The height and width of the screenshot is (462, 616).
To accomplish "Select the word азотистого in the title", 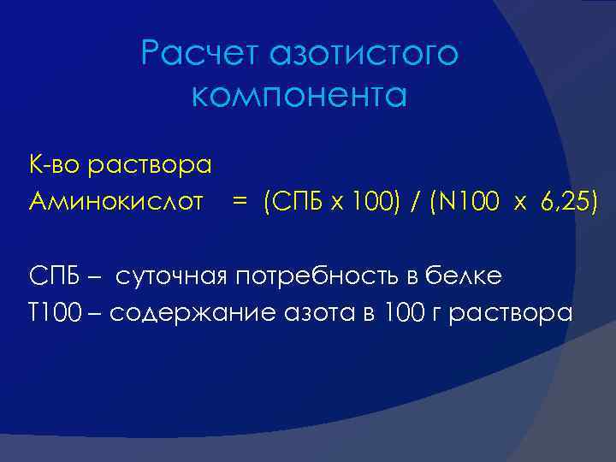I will coord(364,55).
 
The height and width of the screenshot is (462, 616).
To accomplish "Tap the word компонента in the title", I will coord(299,96).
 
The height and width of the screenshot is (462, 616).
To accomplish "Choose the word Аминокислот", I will coord(115,202).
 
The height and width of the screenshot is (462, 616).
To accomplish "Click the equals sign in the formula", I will coord(240,203).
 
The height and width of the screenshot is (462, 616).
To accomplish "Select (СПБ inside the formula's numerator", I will coord(292,203).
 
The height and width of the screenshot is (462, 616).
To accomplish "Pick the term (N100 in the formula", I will coord(463,203).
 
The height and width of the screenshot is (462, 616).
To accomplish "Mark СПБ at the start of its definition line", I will coord(55,276).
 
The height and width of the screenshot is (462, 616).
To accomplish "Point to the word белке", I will coord(470,276).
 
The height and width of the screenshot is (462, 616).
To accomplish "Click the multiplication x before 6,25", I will coord(521,204).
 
